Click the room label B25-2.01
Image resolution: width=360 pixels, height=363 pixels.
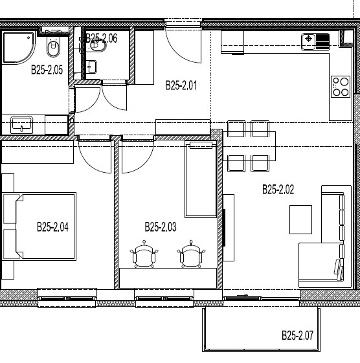pyautogui.click(x=181, y=85)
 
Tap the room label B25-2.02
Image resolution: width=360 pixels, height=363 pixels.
pyautogui.click(x=278, y=190)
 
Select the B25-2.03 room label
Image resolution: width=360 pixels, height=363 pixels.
pyautogui.click(x=161, y=227)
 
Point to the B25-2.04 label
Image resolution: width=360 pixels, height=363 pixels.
pyautogui.click(x=52, y=227)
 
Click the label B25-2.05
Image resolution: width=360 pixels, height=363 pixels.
pyautogui.click(x=47, y=70)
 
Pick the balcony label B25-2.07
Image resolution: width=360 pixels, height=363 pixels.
pyautogui.click(x=297, y=335)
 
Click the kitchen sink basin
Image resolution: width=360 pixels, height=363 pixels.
pyautogui.click(x=308, y=41)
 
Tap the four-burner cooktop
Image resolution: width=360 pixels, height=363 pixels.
pyautogui.click(x=341, y=87)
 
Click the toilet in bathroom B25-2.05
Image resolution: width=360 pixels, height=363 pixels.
pyautogui.click(x=53, y=47)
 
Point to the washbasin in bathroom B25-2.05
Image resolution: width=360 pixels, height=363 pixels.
pyautogui.click(x=21, y=125)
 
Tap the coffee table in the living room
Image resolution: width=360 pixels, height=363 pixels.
pyautogui.click(x=300, y=219)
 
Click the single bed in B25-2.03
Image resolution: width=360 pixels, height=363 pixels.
pyautogui.click(x=201, y=179)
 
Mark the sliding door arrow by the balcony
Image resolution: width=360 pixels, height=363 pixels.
pyautogui.click(x=242, y=295)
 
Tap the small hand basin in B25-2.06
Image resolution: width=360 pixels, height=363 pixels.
pyautogui.click(x=91, y=67)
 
